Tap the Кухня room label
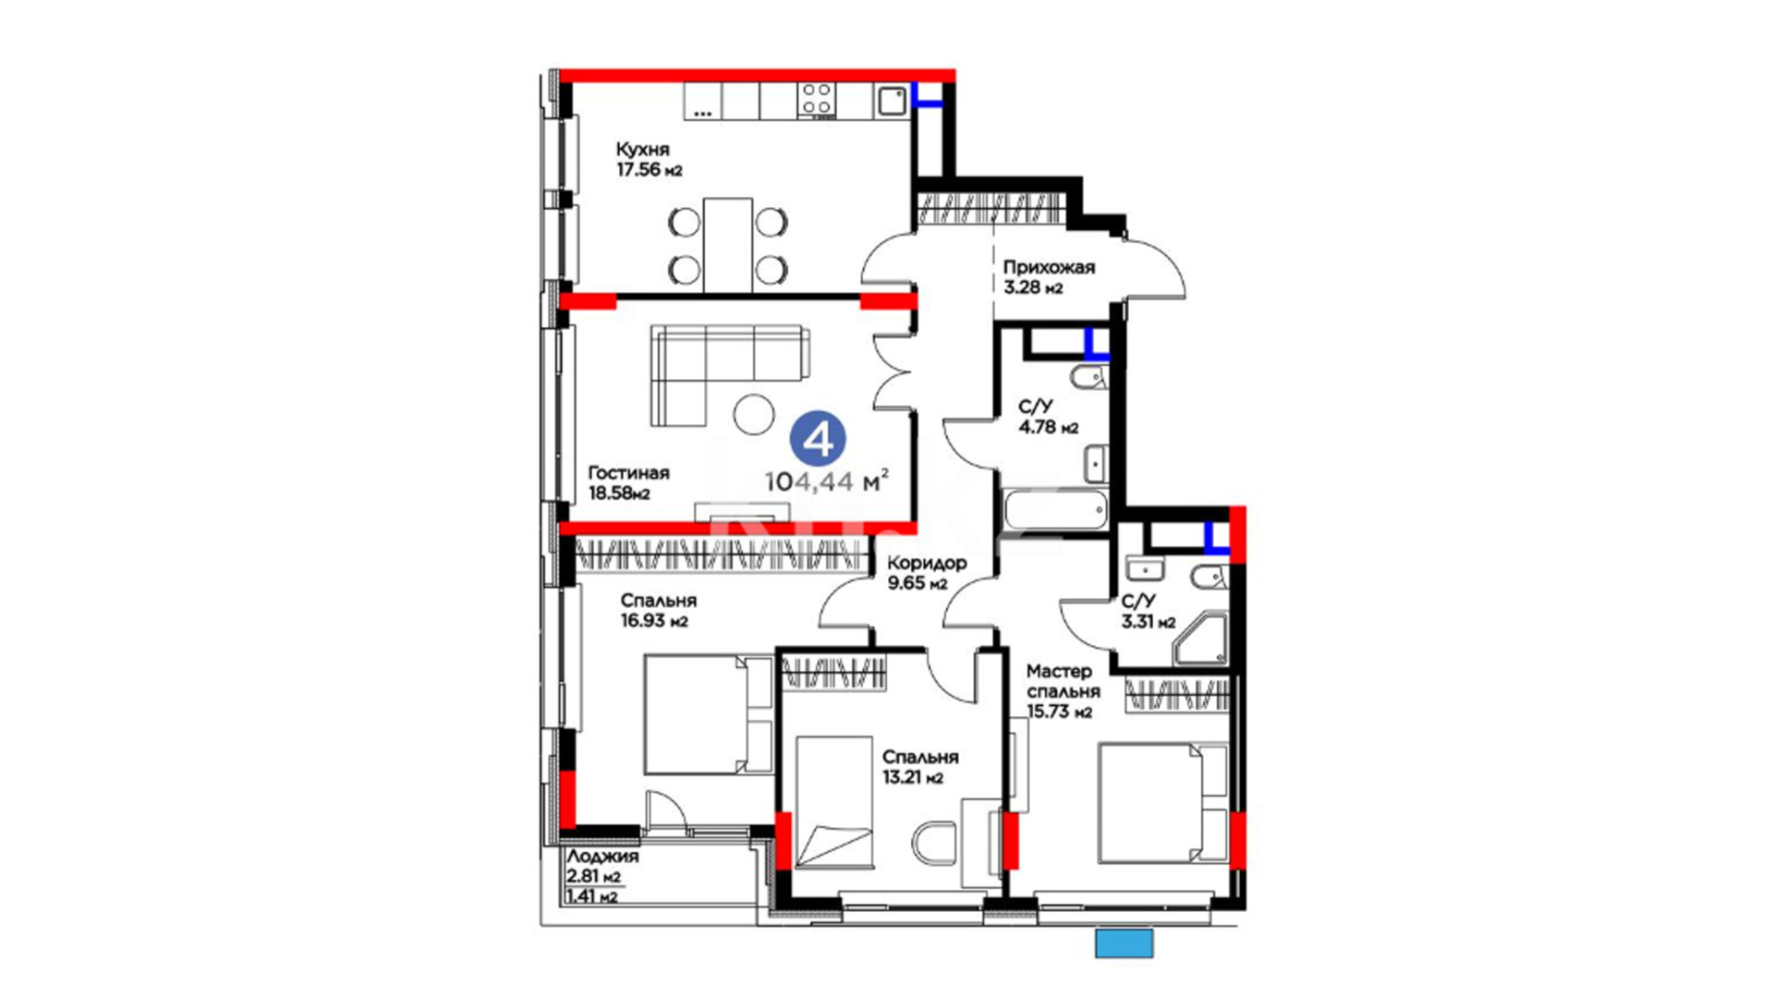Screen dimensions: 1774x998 point(642,149)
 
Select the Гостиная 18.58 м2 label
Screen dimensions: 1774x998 point(628,482)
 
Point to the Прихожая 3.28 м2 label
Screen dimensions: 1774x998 point(1049,276)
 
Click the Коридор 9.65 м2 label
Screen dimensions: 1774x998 point(927,573)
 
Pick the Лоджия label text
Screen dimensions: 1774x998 point(602,857)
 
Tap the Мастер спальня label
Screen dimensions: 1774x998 point(1063,681)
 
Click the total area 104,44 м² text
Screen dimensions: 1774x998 point(827,481)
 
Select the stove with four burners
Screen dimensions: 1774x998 point(817,101)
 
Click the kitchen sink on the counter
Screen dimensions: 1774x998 point(892,100)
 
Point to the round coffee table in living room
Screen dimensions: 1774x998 point(754,415)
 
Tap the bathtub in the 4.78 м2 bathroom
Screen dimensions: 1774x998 point(1055,510)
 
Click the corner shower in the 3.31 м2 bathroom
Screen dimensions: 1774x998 point(1201,639)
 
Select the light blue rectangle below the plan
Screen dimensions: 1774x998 point(1124,943)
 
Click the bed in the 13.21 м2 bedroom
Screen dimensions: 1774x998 point(833,802)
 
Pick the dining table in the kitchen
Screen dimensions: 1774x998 point(727,245)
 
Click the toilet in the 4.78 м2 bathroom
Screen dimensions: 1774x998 point(1087,377)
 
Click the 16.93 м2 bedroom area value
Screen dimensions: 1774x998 point(654,621)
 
